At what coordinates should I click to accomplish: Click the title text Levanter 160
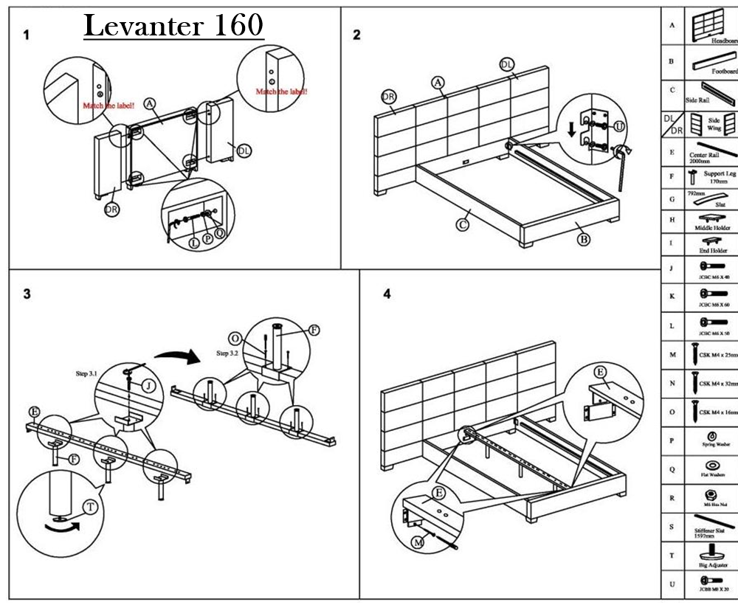(173, 25)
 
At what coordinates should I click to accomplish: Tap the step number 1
(27, 35)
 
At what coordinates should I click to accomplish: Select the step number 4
(387, 294)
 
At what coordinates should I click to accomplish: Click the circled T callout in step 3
(89, 507)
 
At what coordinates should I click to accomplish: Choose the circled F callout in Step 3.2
(314, 331)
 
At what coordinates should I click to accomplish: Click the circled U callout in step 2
(619, 127)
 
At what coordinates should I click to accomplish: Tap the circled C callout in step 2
(463, 224)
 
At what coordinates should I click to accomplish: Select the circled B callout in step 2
(583, 238)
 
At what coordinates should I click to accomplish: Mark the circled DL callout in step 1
(244, 151)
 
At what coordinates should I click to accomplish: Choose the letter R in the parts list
(672, 498)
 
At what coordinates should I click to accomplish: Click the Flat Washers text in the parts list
(713, 476)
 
